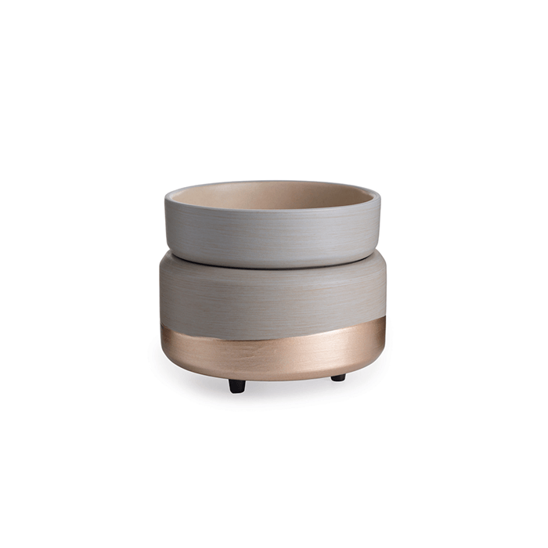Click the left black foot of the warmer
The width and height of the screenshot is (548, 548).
tap(236, 385)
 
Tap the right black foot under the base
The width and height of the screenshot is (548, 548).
tap(338, 377)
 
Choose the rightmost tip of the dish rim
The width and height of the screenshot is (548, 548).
tap(380, 196)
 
